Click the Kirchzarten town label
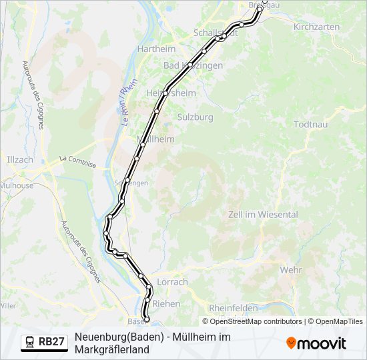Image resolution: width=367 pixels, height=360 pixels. click(x=316, y=27)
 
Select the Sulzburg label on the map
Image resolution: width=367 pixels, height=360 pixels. click(x=195, y=117)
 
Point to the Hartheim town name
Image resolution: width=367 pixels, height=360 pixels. click(x=155, y=49)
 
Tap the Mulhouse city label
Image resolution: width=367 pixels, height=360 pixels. click(x=17, y=186)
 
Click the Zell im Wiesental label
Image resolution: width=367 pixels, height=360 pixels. click(x=263, y=214)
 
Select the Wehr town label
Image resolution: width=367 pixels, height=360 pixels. click(x=291, y=270)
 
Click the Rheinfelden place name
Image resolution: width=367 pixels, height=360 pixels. click(x=234, y=308)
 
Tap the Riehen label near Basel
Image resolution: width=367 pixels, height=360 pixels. click(x=166, y=303)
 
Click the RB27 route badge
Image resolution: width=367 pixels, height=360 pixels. click(x=51, y=342)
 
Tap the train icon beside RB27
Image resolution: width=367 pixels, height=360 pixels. click(x=30, y=342)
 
